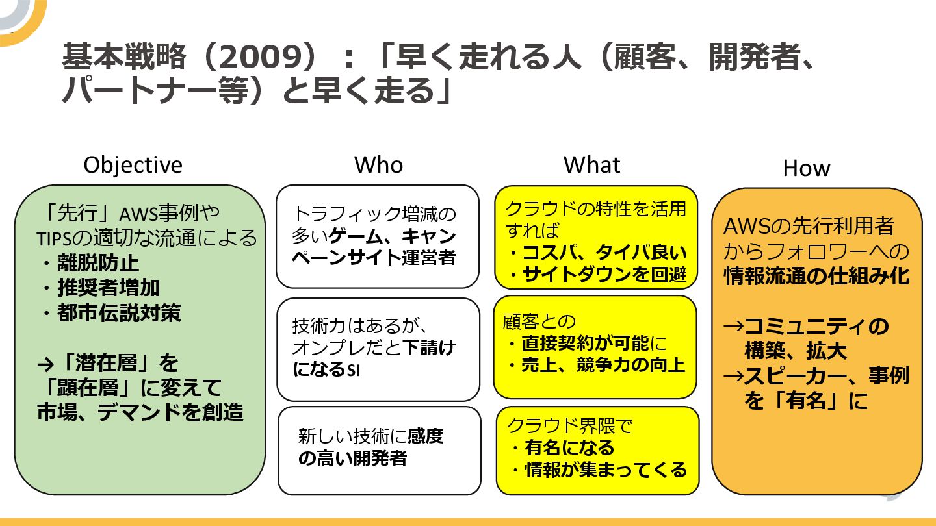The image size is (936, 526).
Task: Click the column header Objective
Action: click(x=133, y=165)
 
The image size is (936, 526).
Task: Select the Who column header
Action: click(x=378, y=165)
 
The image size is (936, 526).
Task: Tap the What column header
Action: click(x=591, y=165)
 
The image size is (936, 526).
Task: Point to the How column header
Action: click(x=806, y=168)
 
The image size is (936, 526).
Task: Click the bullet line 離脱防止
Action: click(x=97, y=263)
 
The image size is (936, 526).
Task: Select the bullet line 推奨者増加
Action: click(x=108, y=288)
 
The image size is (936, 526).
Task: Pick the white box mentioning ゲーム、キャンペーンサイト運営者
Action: click(x=378, y=236)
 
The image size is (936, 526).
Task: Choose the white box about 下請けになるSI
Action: click(x=378, y=349)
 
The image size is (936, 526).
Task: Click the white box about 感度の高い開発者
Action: click(x=379, y=450)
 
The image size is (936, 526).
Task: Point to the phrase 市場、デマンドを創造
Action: click(x=140, y=412)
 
